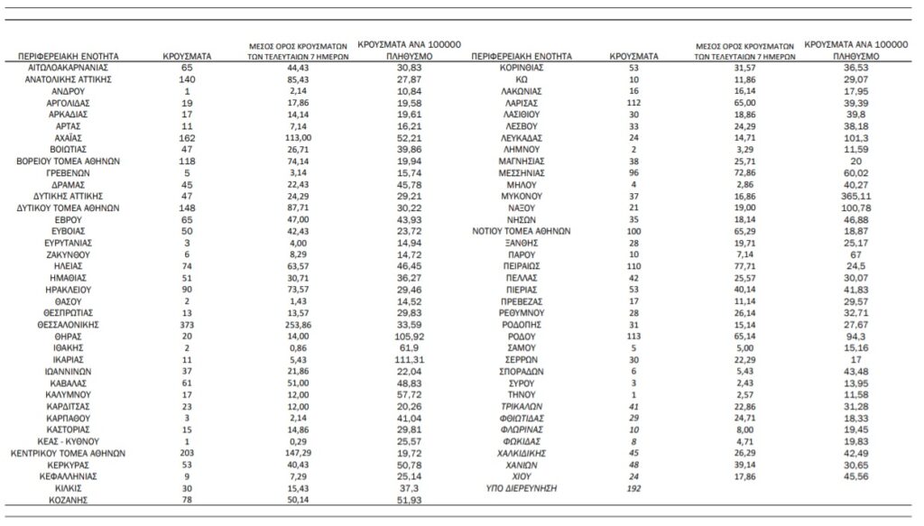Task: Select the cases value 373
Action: pyautogui.click(x=186, y=322)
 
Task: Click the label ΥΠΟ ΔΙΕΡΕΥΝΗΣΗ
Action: pyautogui.click(x=520, y=489)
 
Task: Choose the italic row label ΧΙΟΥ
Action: pyautogui.click(x=520, y=475)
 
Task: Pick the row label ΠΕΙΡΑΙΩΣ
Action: pyautogui.click(x=520, y=267)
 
